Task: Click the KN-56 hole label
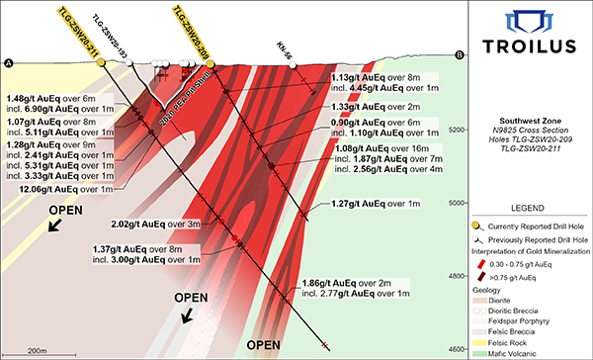[x=287, y=45]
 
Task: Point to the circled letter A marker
[x=10, y=63]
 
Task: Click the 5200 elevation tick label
[x=458, y=130]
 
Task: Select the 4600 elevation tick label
[x=458, y=349]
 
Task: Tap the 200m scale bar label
[x=38, y=351]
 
